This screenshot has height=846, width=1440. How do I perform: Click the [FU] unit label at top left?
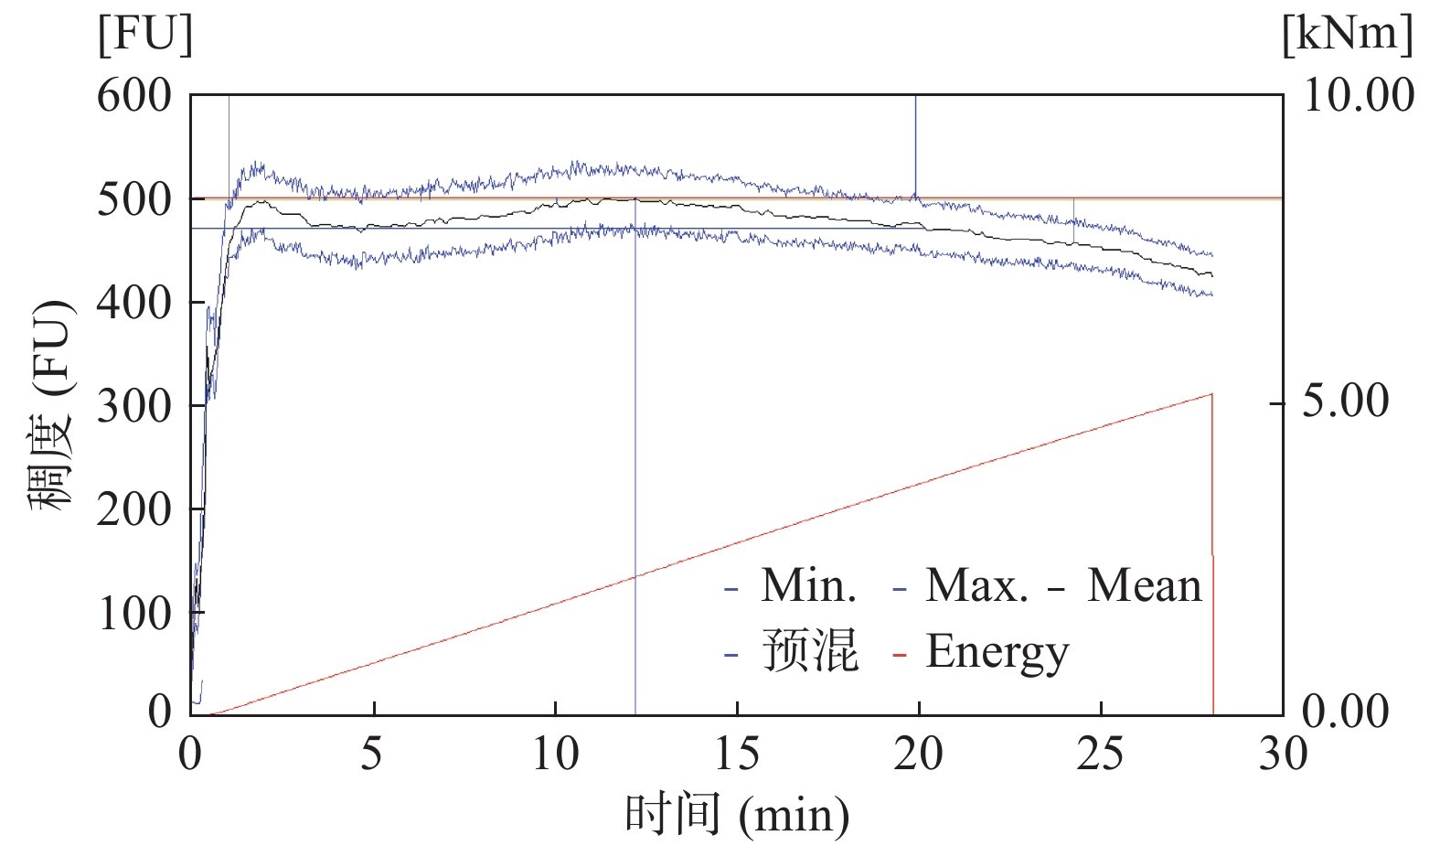[x=145, y=36]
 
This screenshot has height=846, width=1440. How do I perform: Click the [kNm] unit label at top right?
[x=1347, y=36]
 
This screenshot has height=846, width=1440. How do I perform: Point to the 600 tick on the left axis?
[x=134, y=95]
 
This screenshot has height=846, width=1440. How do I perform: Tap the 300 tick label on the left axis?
[x=134, y=405]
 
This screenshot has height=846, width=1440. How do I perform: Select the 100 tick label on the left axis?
[x=134, y=612]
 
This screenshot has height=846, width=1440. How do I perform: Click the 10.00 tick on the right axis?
[x=1358, y=95]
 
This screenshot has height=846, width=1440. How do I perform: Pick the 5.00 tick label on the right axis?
[x=1345, y=402]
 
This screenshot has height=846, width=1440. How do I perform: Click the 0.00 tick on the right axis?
[x=1345, y=711]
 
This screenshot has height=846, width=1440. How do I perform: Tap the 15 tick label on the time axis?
[x=736, y=755]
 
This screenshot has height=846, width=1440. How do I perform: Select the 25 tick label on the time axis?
[x=1100, y=755]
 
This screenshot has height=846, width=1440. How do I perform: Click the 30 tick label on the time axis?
[x=1283, y=755]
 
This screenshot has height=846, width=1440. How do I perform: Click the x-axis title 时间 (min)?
[x=737, y=814]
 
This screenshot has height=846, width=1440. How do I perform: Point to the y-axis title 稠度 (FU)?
[x=51, y=405]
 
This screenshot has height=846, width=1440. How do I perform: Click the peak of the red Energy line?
[x=1211, y=394]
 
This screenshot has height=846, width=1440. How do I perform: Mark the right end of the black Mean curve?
[x=1212, y=274]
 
